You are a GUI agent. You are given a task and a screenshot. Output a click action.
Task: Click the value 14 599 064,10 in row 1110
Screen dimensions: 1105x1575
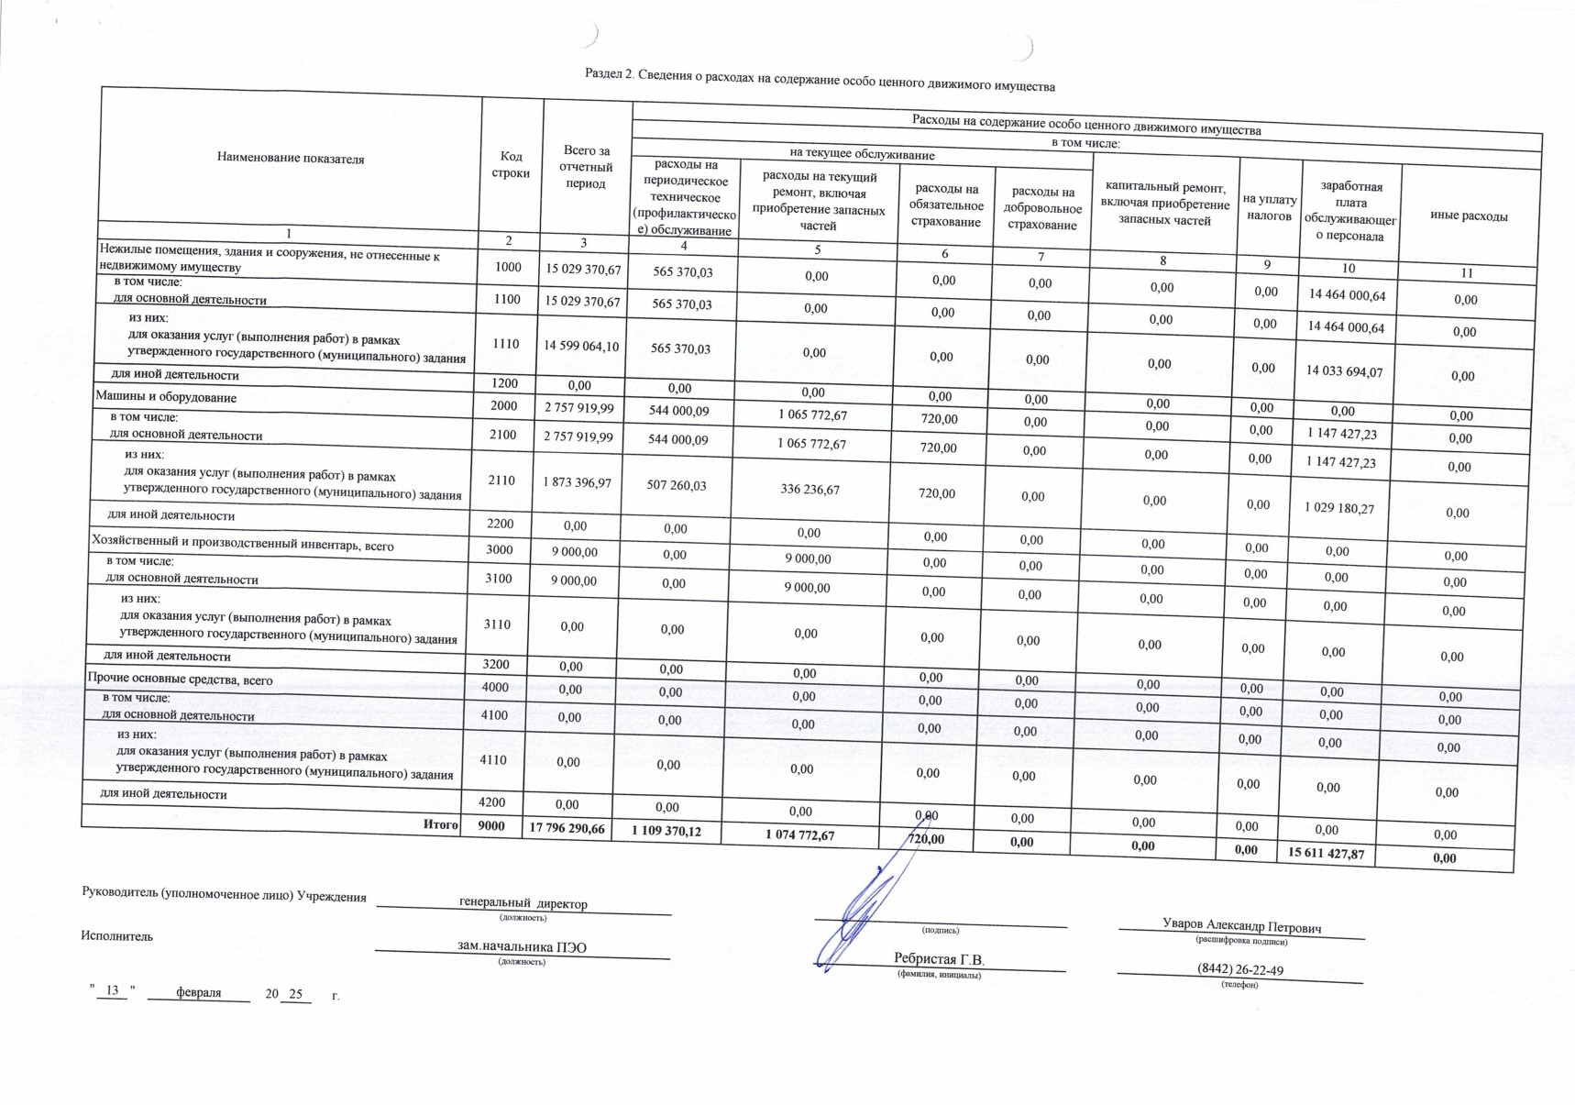click(x=581, y=346)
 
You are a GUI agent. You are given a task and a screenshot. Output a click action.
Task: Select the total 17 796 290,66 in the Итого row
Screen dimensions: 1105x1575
click(x=567, y=828)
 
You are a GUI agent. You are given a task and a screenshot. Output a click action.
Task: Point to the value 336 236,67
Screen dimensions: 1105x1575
click(x=810, y=489)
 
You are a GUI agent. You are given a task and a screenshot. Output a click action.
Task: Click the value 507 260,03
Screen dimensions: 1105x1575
click(x=677, y=485)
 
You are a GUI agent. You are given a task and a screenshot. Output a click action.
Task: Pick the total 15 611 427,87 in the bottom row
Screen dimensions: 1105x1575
click(x=1326, y=853)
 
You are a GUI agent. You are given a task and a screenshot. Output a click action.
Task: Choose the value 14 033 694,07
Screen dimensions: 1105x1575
click(x=1345, y=371)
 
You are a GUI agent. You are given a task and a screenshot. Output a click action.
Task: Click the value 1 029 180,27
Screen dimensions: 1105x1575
click(x=1340, y=507)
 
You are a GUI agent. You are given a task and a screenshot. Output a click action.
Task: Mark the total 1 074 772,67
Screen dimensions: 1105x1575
click(x=800, y=834)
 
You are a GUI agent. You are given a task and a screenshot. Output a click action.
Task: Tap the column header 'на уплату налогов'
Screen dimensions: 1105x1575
click(x=1270, y=207)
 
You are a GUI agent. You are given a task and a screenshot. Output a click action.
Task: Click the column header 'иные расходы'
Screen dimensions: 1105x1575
click(x=1469, y=216)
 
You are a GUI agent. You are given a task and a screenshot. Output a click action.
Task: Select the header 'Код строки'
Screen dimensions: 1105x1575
click(x=511, y=165)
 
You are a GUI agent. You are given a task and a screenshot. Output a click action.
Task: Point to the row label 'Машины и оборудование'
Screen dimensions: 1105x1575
click(x=166, y=397)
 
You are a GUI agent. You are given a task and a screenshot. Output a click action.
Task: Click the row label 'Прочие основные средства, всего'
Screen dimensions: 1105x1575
click(x=180, y=680)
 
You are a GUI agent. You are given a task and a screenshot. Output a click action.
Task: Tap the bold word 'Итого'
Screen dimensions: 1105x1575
click(x=440, y=824)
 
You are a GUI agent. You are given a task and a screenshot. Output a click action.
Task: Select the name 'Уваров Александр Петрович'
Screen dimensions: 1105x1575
click(x=1241, y=926)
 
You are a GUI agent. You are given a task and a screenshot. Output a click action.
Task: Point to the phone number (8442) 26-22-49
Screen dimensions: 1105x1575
click(x=1239, y=970)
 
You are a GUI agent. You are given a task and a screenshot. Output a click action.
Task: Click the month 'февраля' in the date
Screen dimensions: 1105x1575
click(x=198, y=992)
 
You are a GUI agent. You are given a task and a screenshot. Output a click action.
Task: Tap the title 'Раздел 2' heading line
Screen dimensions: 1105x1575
click(x=820, y=81)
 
